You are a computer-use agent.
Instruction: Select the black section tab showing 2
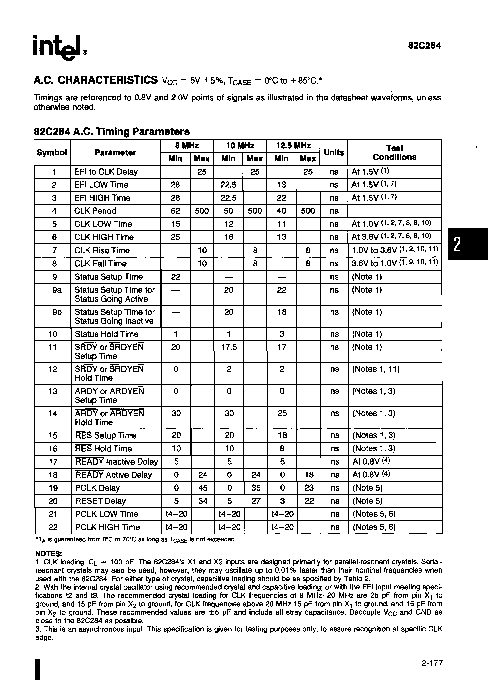467,244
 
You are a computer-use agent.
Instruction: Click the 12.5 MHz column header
293,146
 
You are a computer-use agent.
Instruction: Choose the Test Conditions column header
394,152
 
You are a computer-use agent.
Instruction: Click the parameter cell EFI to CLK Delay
106,172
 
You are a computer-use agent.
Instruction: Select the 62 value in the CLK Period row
175,211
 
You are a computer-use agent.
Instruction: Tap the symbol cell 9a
57,290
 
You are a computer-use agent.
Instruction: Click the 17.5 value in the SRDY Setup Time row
229,347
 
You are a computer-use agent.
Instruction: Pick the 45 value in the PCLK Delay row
202,488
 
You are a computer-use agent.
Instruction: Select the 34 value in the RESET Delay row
202,501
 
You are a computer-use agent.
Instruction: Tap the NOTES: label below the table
48,554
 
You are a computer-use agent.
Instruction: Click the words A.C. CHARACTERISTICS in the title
95,80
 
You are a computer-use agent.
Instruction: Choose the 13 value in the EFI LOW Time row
282,185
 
